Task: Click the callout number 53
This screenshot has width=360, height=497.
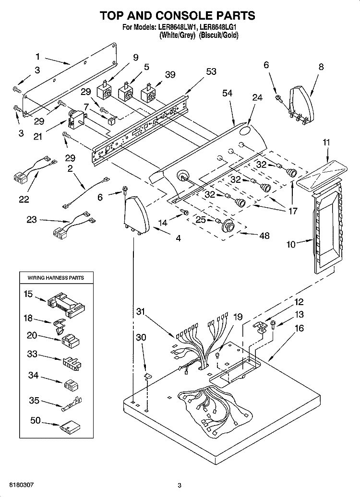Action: click(211, 71)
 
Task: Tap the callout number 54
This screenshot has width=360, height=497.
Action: click(227, 93)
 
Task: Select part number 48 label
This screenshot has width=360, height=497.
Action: click(264, 236)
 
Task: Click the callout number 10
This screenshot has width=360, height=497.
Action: click(291, 244)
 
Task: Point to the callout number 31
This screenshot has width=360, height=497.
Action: click(141, 312)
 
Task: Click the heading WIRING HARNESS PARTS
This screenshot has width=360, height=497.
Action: click(56, 278)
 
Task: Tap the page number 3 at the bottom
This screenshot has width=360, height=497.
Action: click(180, 485)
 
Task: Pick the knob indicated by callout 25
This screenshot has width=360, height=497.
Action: click(228, 225)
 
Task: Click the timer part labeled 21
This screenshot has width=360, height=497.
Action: click(76, 118)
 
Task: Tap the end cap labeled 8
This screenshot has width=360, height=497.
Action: click(300, 103)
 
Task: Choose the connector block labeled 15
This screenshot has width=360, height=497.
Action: click(67, 305)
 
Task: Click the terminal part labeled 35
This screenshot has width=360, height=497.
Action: click(72, 405)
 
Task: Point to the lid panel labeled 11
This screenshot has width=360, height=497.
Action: click(322, 175)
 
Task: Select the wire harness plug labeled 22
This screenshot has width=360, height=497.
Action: click(33, 169)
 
